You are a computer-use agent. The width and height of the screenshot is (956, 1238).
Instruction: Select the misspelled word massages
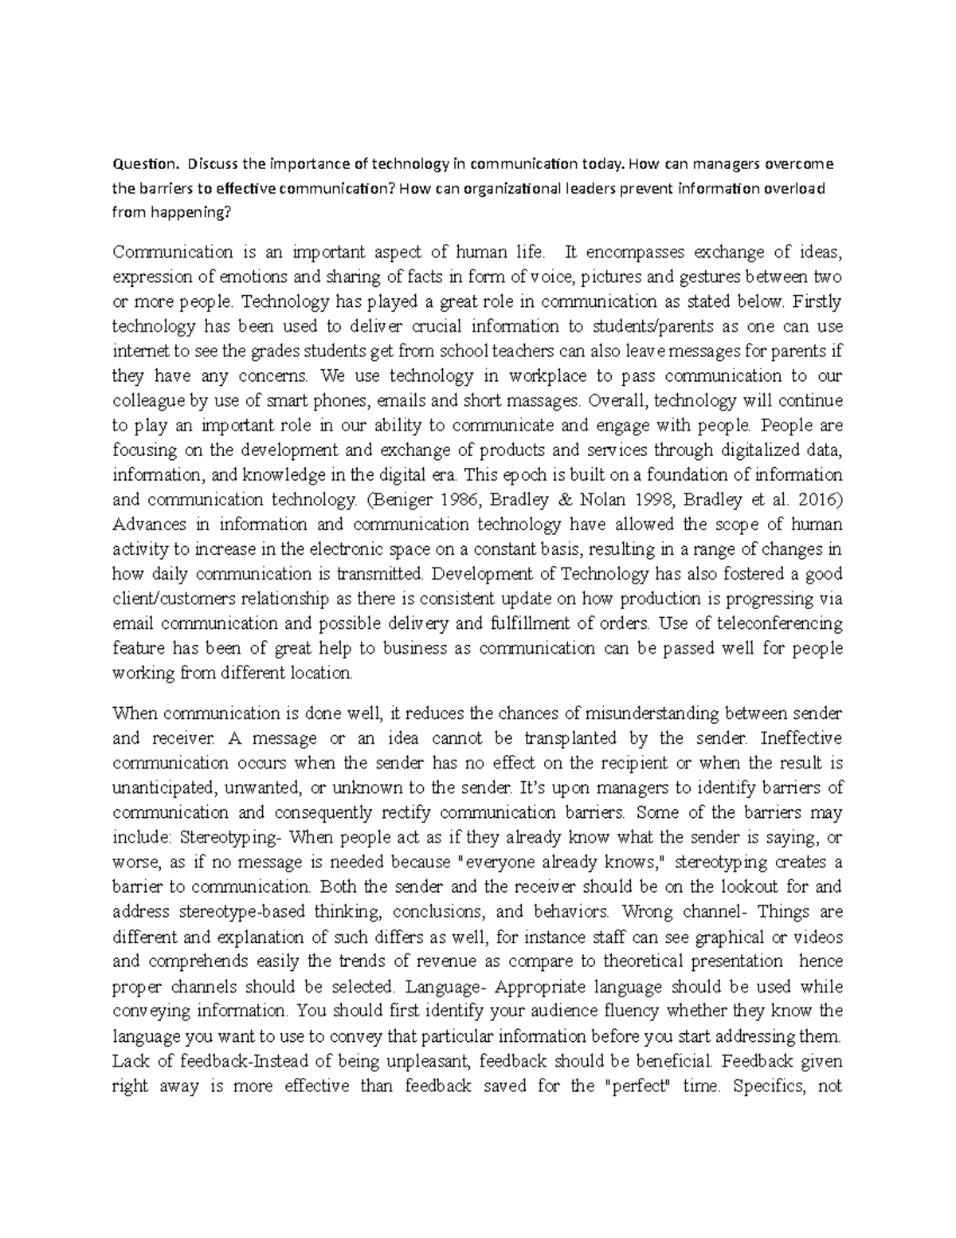click(x=522, y=400)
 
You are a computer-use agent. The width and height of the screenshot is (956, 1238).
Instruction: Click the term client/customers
click(x=167, y=599)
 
